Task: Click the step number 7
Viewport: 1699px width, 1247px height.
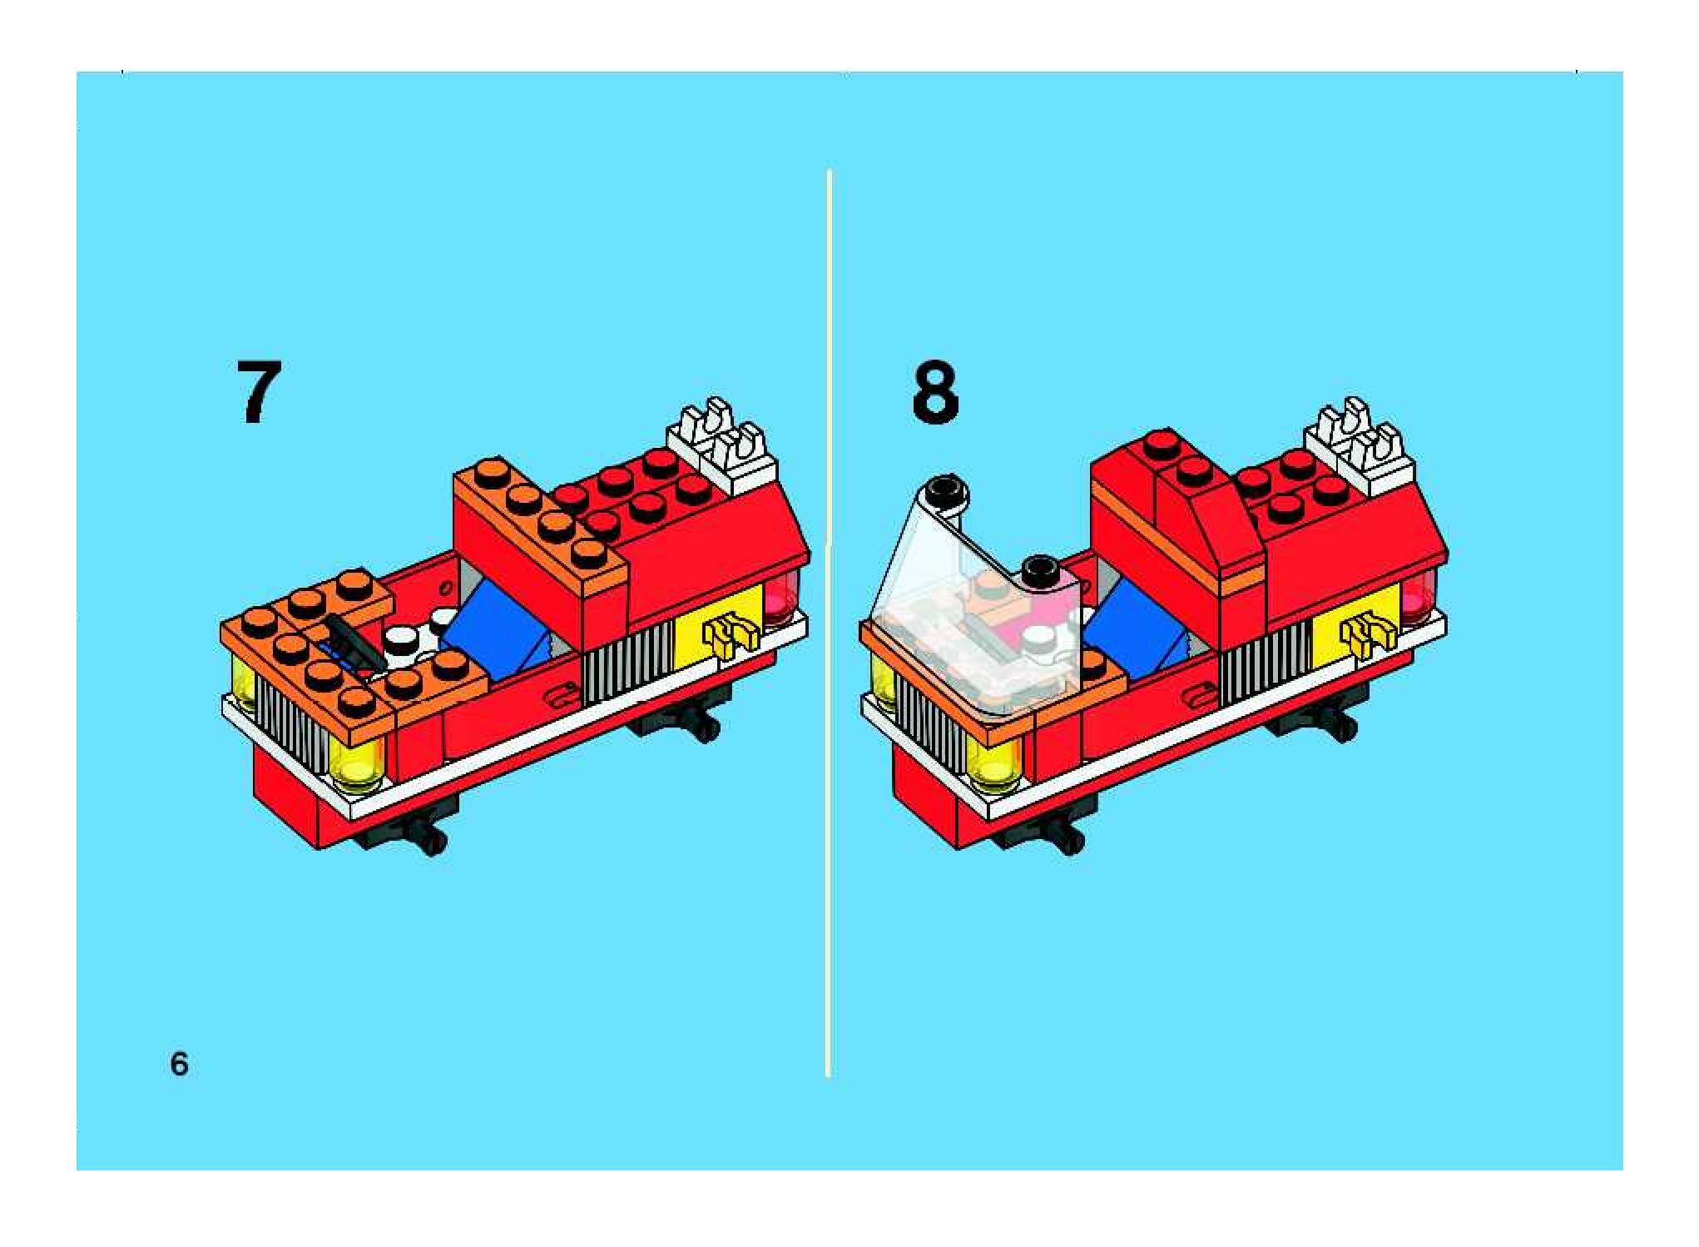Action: (259, 392)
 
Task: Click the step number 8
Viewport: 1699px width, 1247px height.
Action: (935, 392)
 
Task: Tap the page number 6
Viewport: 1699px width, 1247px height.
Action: (179, 1064)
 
